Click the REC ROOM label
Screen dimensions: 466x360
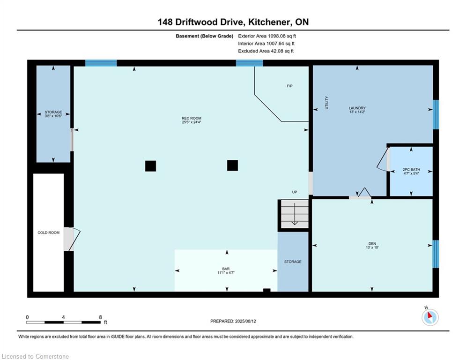point(192,118)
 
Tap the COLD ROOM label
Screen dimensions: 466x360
point(48,232)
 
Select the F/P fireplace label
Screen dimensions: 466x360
point(290,86)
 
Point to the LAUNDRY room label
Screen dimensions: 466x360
point(357,108)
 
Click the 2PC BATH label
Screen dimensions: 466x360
point(411,170)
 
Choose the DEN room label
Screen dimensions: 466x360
point(372,243)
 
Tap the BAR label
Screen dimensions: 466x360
point(226,269)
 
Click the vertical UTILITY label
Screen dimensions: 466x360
point(327,103)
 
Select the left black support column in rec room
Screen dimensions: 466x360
point(151,166)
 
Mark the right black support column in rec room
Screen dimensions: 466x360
point(232,165)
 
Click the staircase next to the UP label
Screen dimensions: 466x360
point(295,214)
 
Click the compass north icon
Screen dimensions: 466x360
point(430,317)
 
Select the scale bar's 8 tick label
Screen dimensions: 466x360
point(100,317)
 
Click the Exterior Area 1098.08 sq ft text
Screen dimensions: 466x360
point(267,36)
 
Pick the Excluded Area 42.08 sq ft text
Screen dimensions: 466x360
point(266,51)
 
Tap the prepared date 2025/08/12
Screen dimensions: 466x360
point(245,321)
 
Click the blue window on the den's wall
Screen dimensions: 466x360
point(436,254)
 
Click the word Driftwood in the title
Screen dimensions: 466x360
point(197,22)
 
